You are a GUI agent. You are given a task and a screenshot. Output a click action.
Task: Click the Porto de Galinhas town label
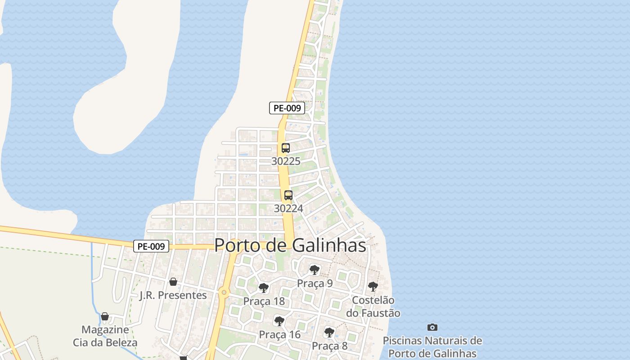click(290, 245)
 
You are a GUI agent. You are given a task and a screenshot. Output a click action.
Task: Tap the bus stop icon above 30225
click(285, 148)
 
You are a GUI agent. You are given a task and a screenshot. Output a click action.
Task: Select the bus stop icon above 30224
click(288, 195)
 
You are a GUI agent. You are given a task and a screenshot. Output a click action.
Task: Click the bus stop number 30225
click(285, 161)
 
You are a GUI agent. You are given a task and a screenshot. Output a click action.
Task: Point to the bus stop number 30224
click(288, 208)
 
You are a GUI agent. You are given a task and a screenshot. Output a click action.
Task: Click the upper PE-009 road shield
click(287, 108)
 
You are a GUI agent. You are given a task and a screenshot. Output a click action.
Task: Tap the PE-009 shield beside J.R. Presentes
click(151, 247)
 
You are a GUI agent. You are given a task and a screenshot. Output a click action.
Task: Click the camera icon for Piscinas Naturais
click(432, 327)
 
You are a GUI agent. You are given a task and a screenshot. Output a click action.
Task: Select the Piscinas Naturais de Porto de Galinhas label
click(432, 346)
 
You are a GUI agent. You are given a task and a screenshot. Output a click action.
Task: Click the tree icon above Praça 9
click(315, 270)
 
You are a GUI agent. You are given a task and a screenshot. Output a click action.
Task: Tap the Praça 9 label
click(315, 283)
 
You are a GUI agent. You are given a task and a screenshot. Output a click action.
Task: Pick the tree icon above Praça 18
click(264, 288)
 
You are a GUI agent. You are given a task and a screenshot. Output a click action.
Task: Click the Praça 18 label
click(264, 301)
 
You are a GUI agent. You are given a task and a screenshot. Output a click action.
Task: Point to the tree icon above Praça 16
click(279, 321)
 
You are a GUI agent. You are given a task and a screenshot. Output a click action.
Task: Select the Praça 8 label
click(329, 346)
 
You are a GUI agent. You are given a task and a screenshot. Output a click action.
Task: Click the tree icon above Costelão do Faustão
click(373, 287)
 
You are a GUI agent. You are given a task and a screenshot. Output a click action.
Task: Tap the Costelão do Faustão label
click(373, 306)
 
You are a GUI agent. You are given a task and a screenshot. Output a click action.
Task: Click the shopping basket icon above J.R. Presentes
click(173, 282)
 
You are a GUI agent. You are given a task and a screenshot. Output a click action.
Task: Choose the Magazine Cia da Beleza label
click(105, 336)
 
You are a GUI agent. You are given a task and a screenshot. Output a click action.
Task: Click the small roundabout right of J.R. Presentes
click(224, 293)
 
